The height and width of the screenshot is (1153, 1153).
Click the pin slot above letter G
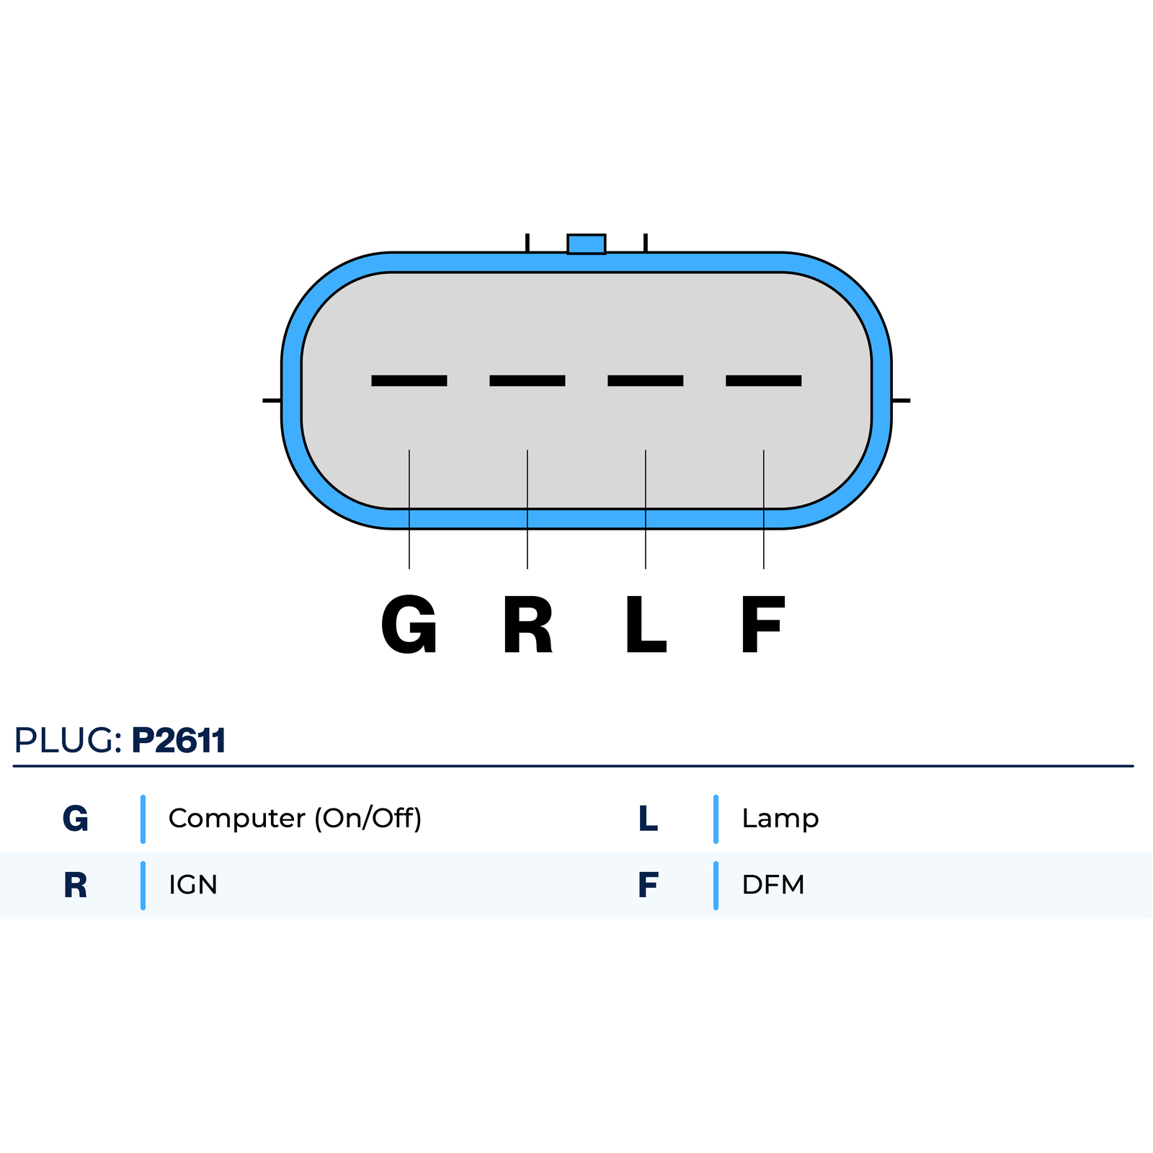pos(409,380)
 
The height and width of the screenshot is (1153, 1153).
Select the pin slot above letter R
pos(527,380)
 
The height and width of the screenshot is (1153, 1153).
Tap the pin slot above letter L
pos(646,380)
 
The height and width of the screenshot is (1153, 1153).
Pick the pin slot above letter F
pos(764,380)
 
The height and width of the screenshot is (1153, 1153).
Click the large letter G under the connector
pos(409,625)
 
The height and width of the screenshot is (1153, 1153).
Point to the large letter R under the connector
pos(527,625)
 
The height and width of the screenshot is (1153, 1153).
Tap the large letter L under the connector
pos(646,625)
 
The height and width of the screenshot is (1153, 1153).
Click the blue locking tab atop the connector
pos(586,244)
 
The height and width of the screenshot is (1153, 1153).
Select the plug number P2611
pos(179,740)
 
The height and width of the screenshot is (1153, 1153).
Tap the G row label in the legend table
pos(76,819)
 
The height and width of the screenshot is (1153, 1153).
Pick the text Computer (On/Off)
pos(295,819)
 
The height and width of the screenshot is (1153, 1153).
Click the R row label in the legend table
pos(76,885)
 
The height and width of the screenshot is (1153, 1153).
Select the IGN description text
pos(193,885)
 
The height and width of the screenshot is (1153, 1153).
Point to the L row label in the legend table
pos(648,819)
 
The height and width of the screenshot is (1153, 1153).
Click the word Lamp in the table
pos(780,819)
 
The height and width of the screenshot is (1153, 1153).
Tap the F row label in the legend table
pos(648,885)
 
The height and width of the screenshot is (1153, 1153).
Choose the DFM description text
pos(773,885)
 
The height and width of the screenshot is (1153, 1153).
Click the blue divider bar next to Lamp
pos(716,819)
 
